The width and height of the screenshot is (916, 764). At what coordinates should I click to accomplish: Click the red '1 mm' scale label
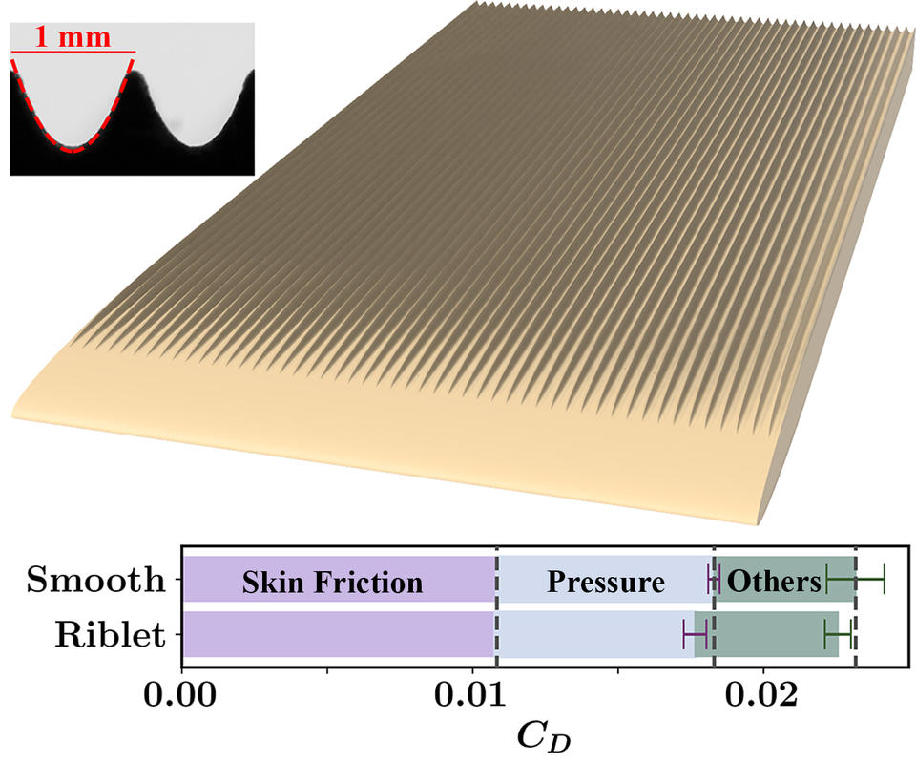point(73,37)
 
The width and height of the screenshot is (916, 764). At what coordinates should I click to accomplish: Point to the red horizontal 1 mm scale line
point(73,52)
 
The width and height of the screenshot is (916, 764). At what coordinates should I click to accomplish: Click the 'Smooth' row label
point(95,580)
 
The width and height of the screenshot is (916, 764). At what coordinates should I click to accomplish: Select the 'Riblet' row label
point(110,634)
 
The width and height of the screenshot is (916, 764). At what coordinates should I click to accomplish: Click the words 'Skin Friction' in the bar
point(332,583)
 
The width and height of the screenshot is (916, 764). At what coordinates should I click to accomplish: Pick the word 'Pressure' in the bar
point(606,583)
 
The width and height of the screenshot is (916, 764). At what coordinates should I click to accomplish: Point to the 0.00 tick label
point(180,695)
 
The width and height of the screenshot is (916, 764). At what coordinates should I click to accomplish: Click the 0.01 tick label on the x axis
point(470,695)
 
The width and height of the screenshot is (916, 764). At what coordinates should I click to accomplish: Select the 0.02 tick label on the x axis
point(761,695)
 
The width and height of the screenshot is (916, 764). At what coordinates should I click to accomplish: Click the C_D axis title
point(543,736)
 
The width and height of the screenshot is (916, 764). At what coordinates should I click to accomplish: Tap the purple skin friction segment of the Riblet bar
point(340,634)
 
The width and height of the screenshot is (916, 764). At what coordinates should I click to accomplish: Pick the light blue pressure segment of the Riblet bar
point(595,634)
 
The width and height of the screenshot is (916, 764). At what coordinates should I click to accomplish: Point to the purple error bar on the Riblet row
point(696,634)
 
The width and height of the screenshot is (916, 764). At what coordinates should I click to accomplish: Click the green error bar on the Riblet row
point(837,634)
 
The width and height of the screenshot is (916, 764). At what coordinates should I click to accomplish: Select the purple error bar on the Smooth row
point(714,580)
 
